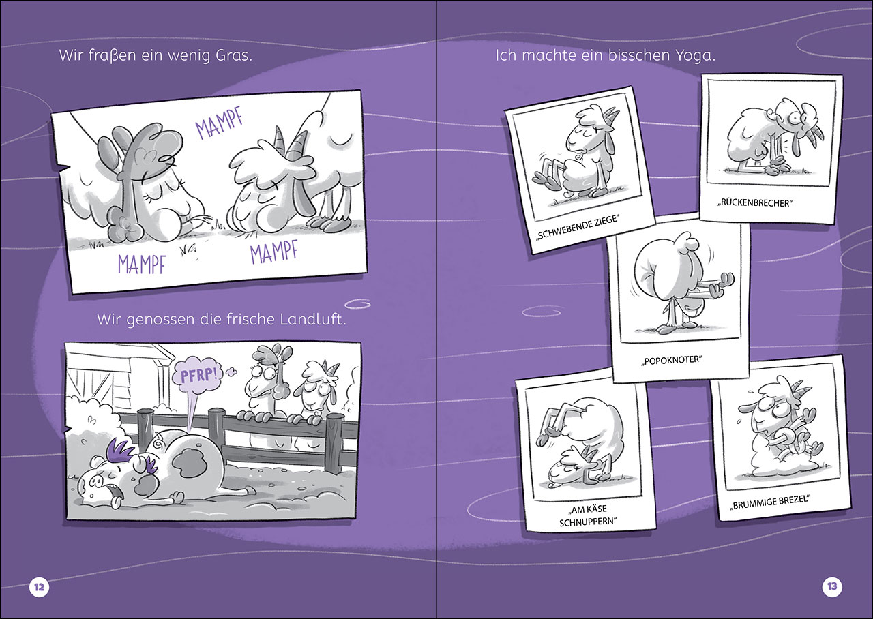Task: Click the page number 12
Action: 39,587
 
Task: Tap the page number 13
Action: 833,586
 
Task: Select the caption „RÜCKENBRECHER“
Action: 755,203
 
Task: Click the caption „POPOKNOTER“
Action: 671,360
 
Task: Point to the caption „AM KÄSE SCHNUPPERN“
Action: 589,515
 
